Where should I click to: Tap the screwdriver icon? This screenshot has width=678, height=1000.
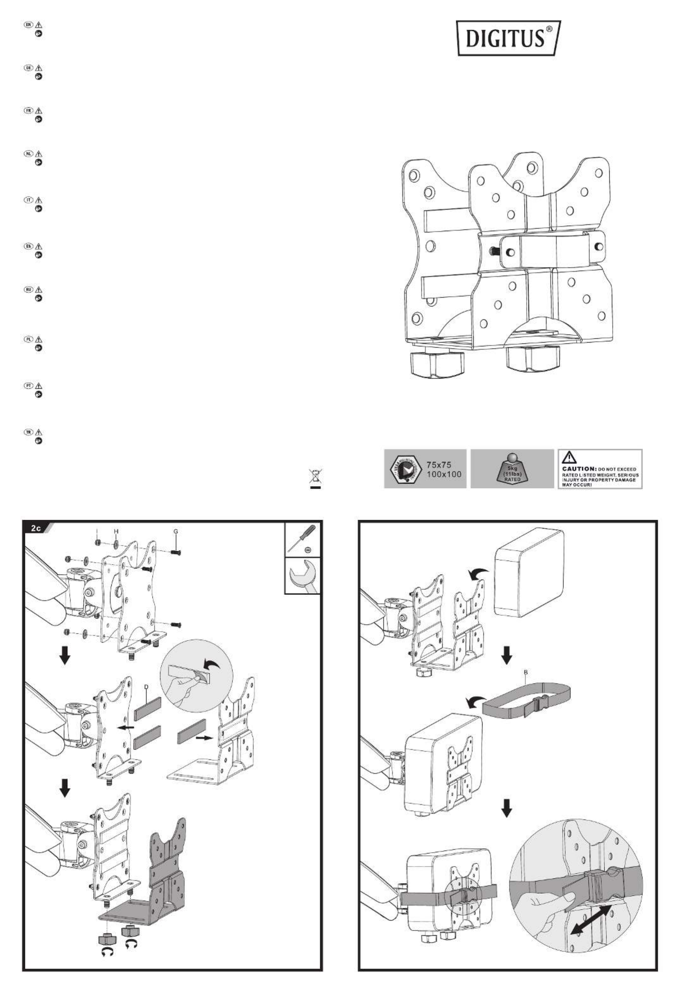(302, 540)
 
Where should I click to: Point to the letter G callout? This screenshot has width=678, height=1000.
(176, 532)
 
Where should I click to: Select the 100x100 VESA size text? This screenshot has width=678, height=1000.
(444, 474)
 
